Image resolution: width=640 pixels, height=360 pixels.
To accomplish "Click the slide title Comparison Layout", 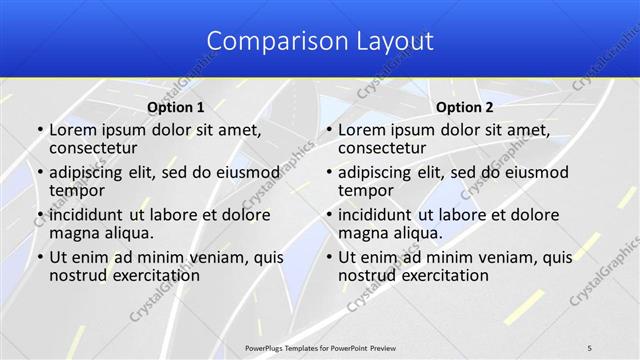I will coord(320,41).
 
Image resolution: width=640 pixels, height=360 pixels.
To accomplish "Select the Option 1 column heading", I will coord(175,107).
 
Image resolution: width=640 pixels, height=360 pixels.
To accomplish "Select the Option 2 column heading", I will coord(464,107).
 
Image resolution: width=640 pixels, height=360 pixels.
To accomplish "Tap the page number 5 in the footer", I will coord(590,347).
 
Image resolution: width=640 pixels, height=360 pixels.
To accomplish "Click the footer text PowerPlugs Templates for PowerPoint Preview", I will coord(320,347).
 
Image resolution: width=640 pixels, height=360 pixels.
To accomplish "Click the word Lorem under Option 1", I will coord(72,129).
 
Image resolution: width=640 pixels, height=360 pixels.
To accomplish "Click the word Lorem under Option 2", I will coord(361,129).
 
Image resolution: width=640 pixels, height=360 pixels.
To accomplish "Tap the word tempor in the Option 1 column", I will coord(77,190).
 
